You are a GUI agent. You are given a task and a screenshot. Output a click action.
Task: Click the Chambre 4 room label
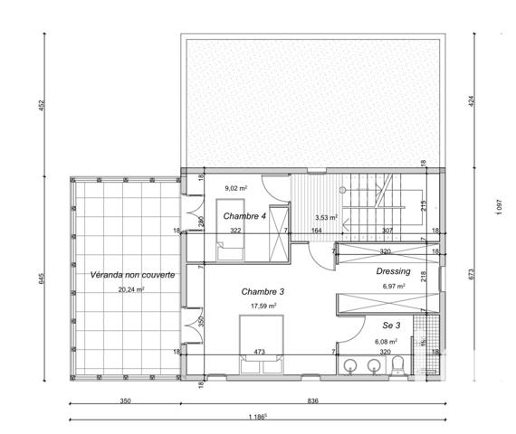244,217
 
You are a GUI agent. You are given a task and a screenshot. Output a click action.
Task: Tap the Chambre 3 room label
263,291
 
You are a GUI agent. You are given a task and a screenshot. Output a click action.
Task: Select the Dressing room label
393,271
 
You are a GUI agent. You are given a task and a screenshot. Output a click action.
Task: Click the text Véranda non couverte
132,274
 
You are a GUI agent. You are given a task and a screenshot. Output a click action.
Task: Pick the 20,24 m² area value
131,290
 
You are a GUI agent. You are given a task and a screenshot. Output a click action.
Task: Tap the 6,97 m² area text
393,287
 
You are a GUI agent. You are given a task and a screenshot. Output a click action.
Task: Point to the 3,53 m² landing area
326,218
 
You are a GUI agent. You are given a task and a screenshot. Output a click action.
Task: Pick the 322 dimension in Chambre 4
235,231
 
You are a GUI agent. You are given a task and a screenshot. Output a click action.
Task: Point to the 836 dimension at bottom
312,400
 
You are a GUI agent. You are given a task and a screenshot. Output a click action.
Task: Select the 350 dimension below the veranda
126,400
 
